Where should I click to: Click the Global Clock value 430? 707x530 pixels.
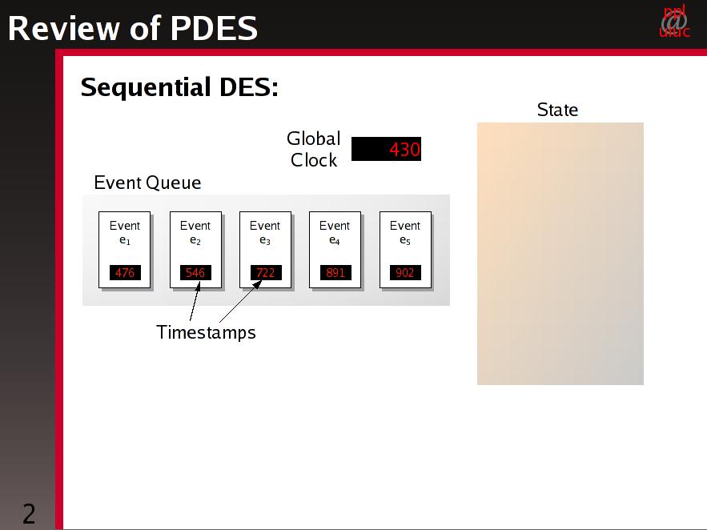[404, 149]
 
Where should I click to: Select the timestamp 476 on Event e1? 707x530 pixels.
[125, 273]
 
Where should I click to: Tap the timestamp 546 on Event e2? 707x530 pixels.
[195, 273]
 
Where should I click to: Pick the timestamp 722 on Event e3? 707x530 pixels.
[266, 273]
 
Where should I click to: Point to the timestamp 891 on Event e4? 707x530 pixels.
[335, 273]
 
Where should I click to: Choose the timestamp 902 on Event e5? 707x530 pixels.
[405, 273]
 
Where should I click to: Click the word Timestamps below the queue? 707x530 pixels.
[206, 332]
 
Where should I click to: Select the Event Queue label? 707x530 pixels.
[147, 183]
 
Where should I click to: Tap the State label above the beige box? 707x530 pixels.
[558, 110]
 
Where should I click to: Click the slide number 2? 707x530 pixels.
[29, 514]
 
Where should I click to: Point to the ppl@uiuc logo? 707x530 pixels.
[674, 21]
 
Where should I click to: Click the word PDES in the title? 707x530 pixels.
[214, 28]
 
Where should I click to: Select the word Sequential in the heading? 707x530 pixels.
[146, 87]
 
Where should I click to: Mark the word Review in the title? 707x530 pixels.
[63, 28]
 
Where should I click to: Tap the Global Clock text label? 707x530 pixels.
[314, 149]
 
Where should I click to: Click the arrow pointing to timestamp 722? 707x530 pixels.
[240, 302]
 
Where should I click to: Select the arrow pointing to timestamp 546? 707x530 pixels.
[195, 300]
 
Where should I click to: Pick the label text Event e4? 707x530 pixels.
[335, 232]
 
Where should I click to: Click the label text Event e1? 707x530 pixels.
[125, 232]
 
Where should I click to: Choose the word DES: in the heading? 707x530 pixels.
[249, 87]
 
